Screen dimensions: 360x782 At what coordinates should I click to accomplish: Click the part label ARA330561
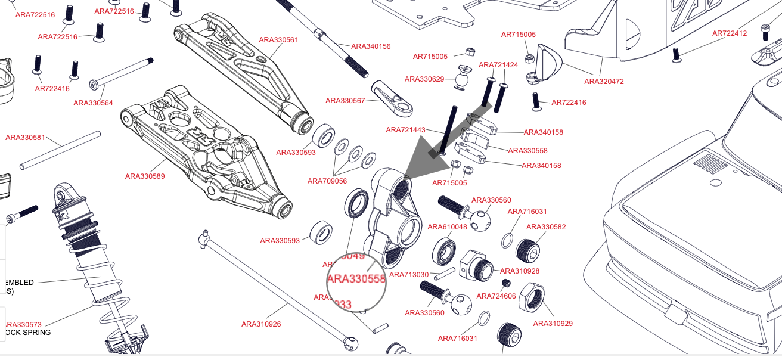pyautogui.click(x=278, y=40)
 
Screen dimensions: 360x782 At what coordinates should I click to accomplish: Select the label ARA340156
pyautogui.click(x=371, y=46)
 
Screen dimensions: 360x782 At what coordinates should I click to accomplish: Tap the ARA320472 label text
pyautogui.click(x=604, y=82)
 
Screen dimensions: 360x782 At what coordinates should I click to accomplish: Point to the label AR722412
pyautogui.click(x=730, y=33)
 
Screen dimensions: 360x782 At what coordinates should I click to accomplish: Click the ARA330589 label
pyautogui.click(x=145, y=176)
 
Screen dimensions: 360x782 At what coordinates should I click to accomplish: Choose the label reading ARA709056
pyautogui.click(x=327, y=181)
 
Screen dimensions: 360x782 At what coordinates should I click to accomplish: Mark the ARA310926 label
pyautogui.click(x=261, y=324)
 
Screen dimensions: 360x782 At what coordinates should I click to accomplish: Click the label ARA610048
pyautogui.click(x=448, y=227)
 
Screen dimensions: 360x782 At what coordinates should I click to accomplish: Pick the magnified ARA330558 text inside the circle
pyautogui.click(x=356, y=279)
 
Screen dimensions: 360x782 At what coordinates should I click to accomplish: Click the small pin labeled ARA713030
pyautogui.click(x=445, y=272)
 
